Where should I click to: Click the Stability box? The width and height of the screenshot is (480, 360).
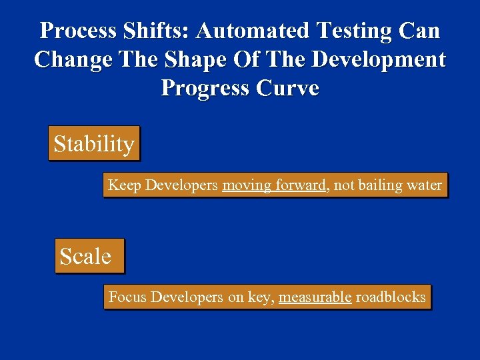click(94, 143)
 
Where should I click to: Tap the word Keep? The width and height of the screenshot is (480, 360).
click(124, 185)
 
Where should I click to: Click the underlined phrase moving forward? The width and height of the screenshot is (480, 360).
click(273, 185)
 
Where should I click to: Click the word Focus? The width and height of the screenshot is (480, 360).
click(127, 297)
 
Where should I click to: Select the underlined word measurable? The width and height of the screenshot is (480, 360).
click(315, 297)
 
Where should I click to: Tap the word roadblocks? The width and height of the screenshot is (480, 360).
click(390, 297)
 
